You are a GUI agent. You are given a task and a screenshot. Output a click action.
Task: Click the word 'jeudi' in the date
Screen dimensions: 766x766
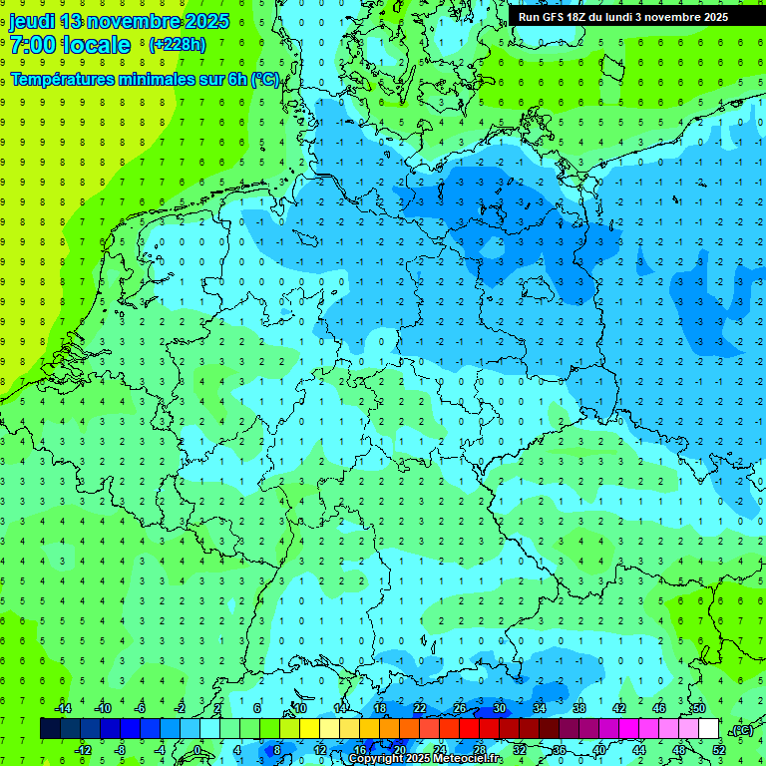coord(31,21)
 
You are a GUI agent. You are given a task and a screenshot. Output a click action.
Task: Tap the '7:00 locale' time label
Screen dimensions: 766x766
coord(70,45)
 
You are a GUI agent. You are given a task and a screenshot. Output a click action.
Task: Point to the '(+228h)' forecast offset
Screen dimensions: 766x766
coord(178,45)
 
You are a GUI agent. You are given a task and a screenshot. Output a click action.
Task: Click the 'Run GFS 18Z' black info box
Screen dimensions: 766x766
coord(623,17)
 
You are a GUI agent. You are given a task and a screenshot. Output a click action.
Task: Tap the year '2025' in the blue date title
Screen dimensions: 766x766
coord(206,21)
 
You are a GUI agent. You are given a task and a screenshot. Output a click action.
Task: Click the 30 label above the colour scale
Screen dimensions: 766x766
coord(499,708)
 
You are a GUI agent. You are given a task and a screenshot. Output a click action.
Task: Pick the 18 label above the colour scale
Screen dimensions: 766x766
coord(380,708)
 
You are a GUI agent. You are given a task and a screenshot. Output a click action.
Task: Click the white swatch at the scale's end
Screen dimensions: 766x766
coord(709,729)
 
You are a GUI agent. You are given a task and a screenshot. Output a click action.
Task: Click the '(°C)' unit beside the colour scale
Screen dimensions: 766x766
coord(741,730)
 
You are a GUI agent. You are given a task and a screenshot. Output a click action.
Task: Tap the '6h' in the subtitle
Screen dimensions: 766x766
coord(237,80)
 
